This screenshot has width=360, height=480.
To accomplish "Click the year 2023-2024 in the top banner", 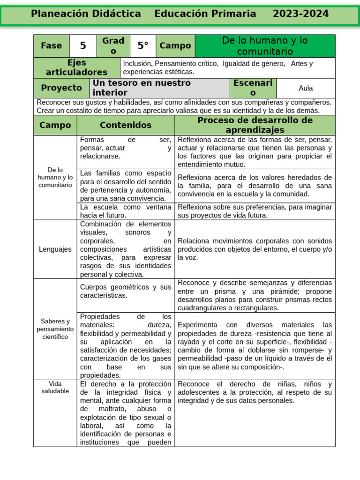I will pos(300,14).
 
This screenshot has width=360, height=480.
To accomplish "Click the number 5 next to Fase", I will pos(83,45).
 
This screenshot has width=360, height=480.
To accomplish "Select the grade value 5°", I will pos(142,45).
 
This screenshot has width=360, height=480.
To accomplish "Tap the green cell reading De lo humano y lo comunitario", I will pos(265,46).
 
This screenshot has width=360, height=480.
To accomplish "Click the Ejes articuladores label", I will pos(76,67).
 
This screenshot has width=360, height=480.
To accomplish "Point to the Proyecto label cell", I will pos(61,88).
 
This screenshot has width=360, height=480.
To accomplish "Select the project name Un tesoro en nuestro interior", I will pos(142,88).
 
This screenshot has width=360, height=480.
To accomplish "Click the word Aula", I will pos(306,88).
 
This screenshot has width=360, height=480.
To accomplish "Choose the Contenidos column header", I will pos(126,125).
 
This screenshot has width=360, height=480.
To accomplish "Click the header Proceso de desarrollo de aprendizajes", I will pos(255,125).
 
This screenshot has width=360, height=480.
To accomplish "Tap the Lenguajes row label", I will pos(55,249).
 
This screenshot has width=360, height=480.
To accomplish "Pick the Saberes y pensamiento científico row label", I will pos(55,329).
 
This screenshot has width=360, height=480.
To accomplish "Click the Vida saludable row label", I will pos(55,387).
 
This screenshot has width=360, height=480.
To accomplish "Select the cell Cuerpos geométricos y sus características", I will pos(126,291).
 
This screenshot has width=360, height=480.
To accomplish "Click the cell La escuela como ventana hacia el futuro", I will pos(126,211).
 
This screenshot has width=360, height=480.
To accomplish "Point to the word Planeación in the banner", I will pos(57,14).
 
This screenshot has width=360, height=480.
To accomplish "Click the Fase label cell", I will pos(52,45).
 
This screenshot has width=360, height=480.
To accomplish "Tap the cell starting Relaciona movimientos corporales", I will pos(255,249).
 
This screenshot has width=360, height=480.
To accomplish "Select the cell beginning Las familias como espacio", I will pos(126,186).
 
